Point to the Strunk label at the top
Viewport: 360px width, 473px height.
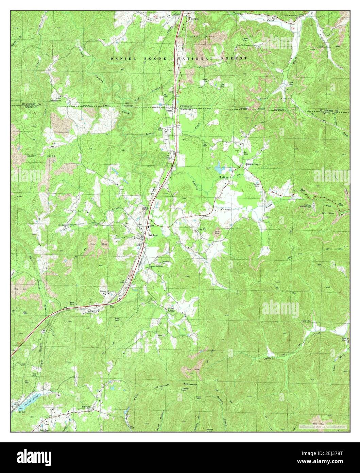click(x=194, y=19)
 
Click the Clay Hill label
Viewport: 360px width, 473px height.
click(x=202, y=230)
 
